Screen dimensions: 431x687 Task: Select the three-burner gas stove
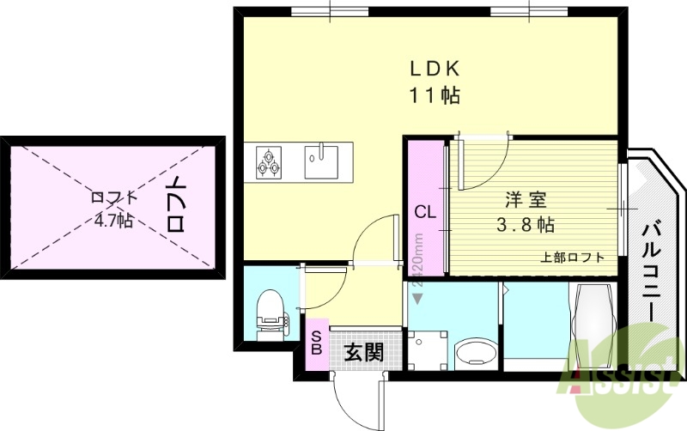pos(269,162)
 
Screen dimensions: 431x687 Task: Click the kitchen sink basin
pos(320,162)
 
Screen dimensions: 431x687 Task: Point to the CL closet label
pos(426,211)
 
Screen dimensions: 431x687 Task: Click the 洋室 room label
pos(526,201)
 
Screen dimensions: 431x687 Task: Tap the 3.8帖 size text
pos(526,226)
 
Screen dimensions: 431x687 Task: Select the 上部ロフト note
pos(572,257)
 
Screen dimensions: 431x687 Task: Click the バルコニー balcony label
pos(651,273)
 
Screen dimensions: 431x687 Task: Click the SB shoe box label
pos(316,343)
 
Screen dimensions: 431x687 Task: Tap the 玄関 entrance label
pos(363,352)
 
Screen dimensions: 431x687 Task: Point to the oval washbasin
pos(475,353)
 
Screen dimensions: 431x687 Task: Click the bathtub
pos(592,325)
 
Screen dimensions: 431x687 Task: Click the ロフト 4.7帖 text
pos(113,209)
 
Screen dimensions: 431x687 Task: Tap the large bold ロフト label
pos(177,205)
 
